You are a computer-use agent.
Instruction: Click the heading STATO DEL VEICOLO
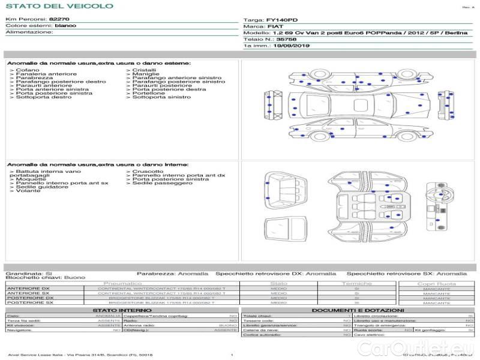[x=59, y=6]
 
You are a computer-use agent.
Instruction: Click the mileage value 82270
[x=59, y=20]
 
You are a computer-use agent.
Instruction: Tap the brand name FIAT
[x=275, y=27]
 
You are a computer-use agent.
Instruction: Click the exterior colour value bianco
[x=65, y=26]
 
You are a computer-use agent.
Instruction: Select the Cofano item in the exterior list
[x=28, y=70]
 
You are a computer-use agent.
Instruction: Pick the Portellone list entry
[x=149, y=93]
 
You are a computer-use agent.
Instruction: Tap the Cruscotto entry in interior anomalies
[x=148, y=171]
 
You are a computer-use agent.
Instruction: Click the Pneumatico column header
[x=122, y=283]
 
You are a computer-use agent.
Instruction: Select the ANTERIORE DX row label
[x=28, y=288]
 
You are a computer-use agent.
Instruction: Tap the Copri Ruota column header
[x=436, y=283]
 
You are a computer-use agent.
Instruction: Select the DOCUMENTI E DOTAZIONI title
[x=358, y=310]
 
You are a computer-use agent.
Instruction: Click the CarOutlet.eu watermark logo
[x=427, y=347]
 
